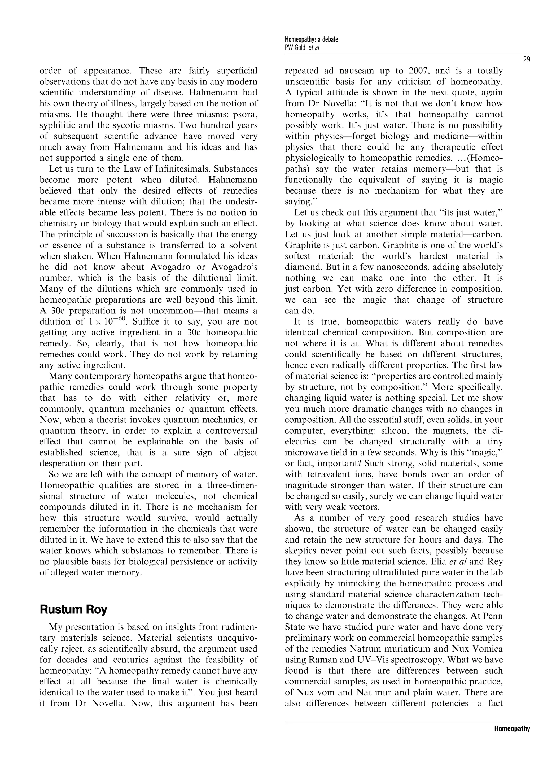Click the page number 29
point(526,60)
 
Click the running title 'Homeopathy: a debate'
point(311,40)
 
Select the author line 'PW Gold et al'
point(302,47)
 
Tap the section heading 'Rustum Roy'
point(73,609)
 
